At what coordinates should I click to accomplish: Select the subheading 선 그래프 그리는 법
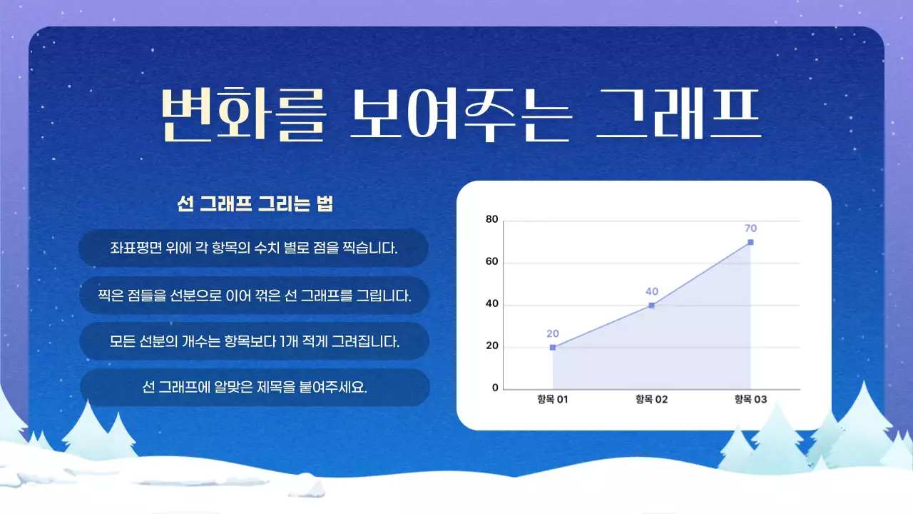click(x=255, y=204)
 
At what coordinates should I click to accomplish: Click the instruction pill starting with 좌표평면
click(x=254, y=248)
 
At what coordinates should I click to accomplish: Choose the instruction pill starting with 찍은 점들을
click(x=254, y=295)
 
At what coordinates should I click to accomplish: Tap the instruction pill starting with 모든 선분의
click(x=254, y=341)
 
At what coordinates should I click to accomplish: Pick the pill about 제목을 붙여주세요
click(x=254, y=388)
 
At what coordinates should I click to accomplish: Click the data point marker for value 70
click(x=750, y=242)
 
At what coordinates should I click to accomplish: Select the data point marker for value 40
click(x=651, y=306)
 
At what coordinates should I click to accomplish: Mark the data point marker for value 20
click(x=553, y=348)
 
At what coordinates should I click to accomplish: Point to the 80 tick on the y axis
click(x=491, y=219)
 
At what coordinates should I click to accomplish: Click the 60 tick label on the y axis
click(x=491, y=262)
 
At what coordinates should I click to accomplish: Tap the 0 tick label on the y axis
click(x=494, y=388)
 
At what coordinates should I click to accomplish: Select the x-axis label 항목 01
click(x=553, y=400)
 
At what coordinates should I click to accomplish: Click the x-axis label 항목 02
click(x=651, y=400)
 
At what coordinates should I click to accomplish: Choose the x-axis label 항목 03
click(x=750, y=400)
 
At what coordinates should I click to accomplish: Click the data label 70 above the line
click(x=750, y=228)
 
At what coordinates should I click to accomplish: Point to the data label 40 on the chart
click(x=651, y=291)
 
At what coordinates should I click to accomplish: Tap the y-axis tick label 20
click(x=491, y=347)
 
